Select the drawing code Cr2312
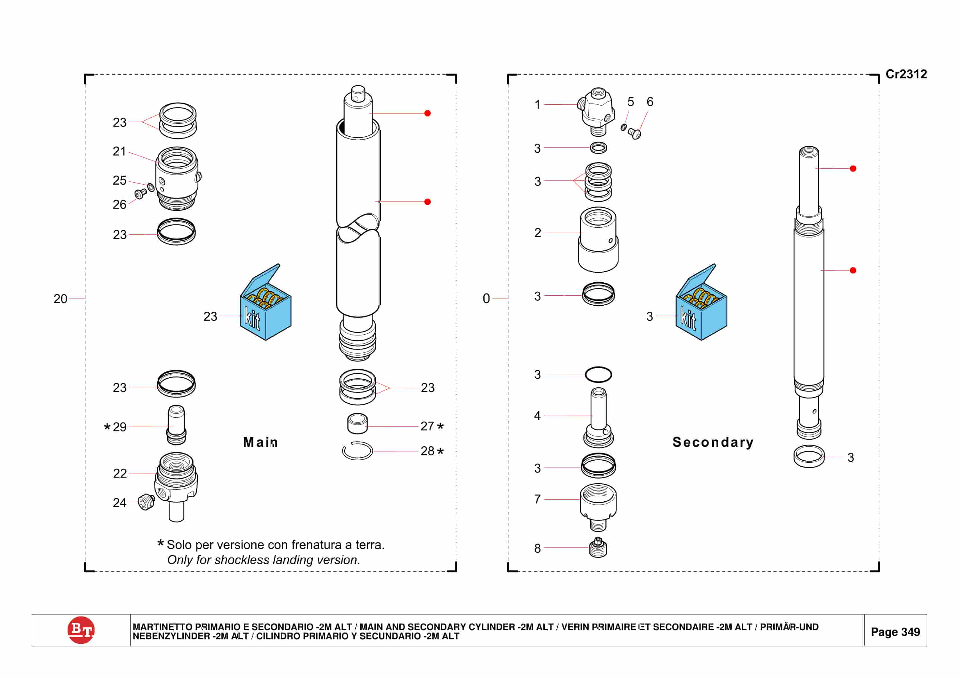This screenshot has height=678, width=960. (906, 74)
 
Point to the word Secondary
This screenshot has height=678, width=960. (713, 442)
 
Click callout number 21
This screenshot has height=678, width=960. (119, 151)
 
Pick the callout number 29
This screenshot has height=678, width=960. (120, 427)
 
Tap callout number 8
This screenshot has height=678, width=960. (537, 548)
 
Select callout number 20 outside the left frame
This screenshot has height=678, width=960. (60, 299)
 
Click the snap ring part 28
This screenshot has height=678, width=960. (357, 451)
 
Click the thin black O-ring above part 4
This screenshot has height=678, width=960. (598, 375)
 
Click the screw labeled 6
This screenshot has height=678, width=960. (635, 134)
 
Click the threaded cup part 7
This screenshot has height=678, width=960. (598, 506)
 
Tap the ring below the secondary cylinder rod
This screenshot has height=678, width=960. (809, 456)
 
